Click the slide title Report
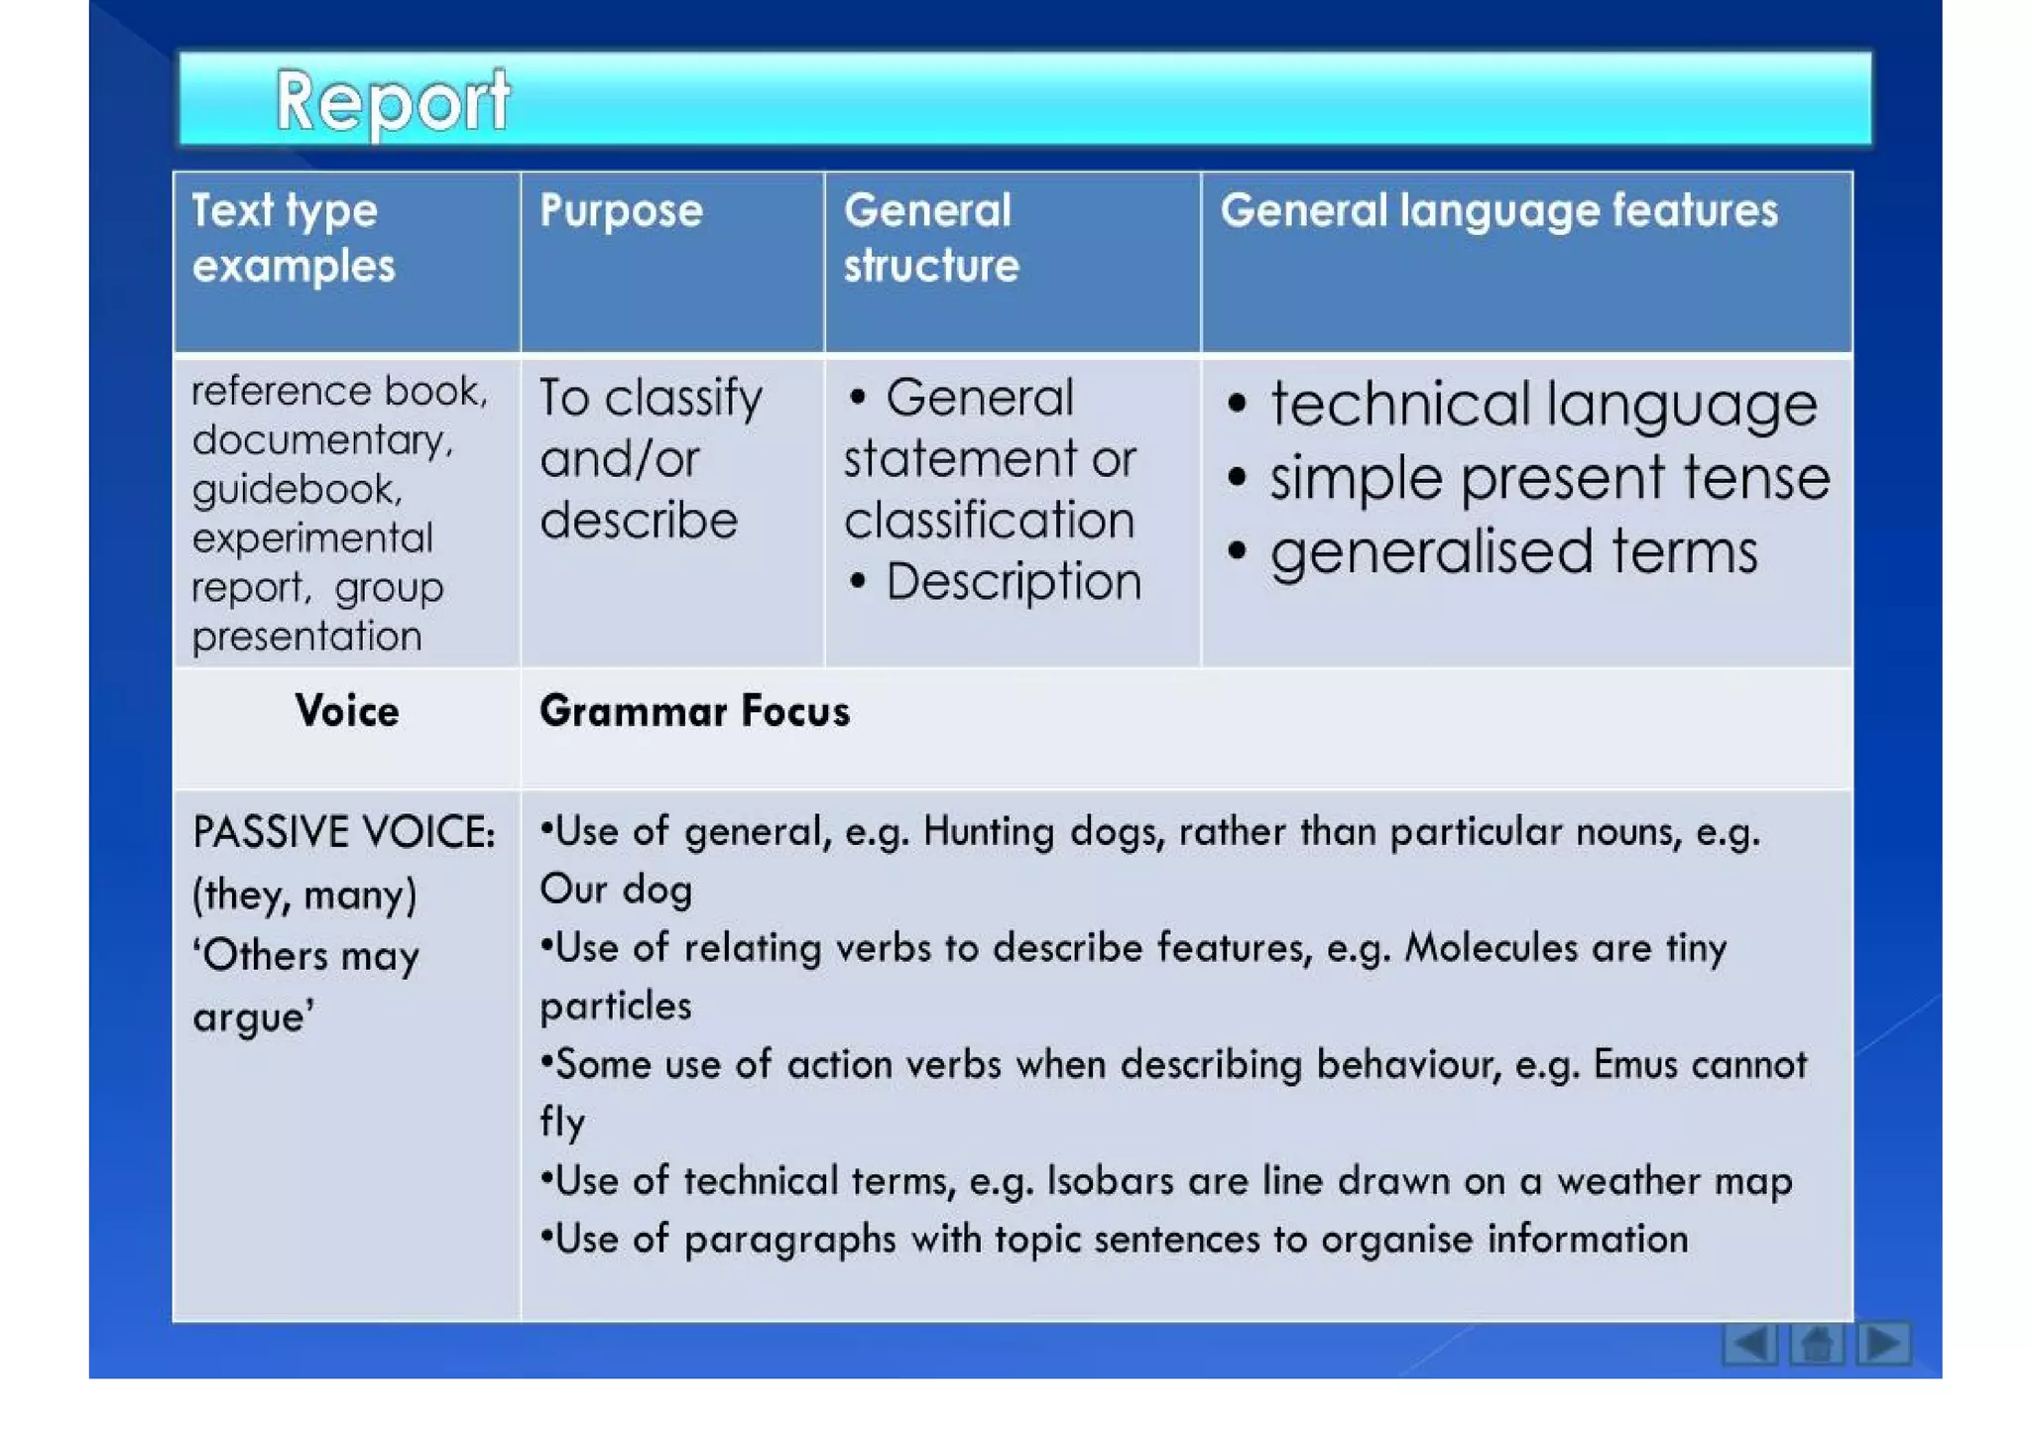[x=392, y=101]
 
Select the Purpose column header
[x=621, y=211]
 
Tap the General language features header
[x=1498, y=211]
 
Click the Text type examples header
[x=293, y=238]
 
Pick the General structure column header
[x=930, y=238]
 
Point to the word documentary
[x=321, y=440]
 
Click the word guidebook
[x=296, y=489]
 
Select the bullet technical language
[x=1542, y=406]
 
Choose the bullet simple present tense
[x=1548, y=479]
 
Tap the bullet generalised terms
[x=1513, y=552]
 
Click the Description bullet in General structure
[x=1013, y=582]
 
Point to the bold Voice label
[x=347, y=712]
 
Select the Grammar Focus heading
[x=694, y=712]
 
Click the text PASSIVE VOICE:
[x=343, y=832]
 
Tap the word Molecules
[x=1491, y=948]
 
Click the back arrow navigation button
[x=1748, y=1344]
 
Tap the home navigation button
[x=1816, y=1344]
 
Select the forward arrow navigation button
[x=1883, y=1344]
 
